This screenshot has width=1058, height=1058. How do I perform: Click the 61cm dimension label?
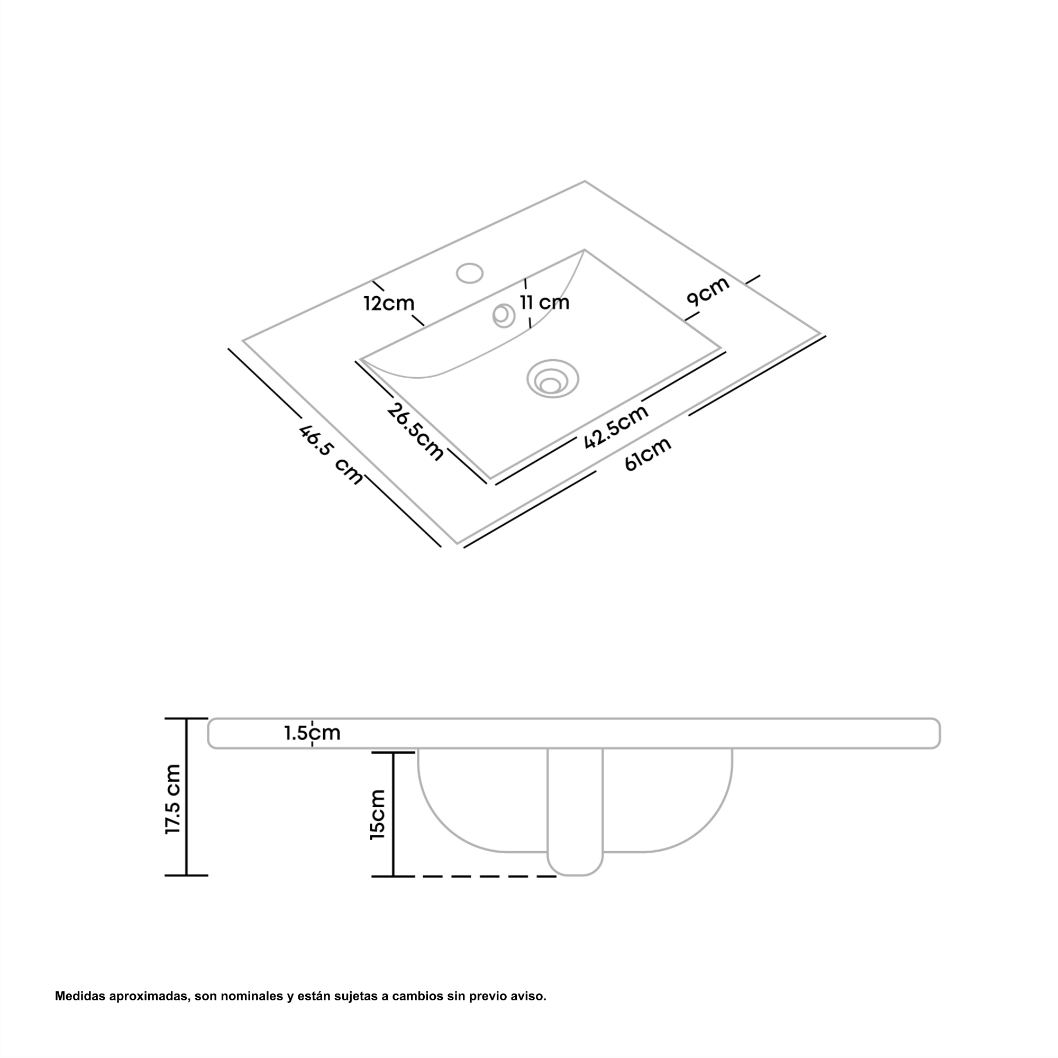click(648, 454)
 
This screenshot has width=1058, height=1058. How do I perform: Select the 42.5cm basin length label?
click(616, 427)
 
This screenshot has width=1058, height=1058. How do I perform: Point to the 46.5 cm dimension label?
click(331, 455)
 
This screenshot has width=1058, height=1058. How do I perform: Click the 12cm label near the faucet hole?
click(389, 303)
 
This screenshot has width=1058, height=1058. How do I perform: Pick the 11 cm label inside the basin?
click(544, 302)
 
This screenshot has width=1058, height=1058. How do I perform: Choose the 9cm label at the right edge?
click(708, 291)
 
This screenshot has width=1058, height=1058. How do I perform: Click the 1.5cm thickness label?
click(312, 733)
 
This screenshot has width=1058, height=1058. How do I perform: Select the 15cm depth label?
click(378, 814)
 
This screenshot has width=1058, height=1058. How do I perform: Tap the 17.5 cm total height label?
click(173, 799)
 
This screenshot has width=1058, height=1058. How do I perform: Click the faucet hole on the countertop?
click(470, 273)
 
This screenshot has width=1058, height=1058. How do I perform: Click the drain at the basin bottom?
click(553, 379)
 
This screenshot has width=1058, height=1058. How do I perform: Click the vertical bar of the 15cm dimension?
click(393, 814)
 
